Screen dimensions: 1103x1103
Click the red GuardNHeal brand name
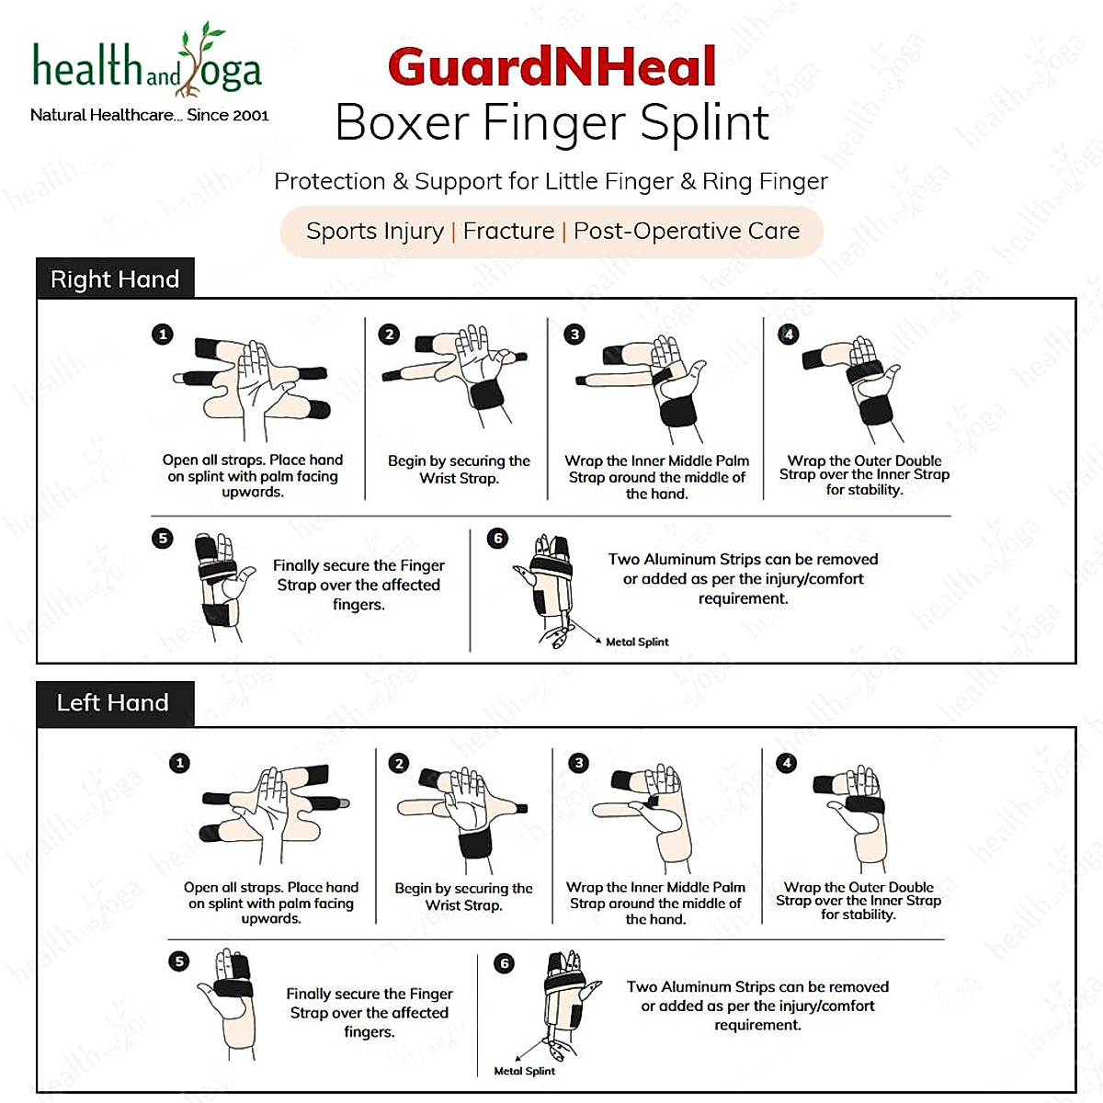pyautogui.click(x=551, y=67)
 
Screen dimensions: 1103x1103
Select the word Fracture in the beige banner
pyautogui.click(x=508, y=231)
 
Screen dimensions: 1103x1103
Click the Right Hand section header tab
pyautogui.click(x=115, y=279)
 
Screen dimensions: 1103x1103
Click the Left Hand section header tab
pyautogui.click(x=113, y=703)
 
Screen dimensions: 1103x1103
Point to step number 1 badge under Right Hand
pyautogui.click(x=163, y=334)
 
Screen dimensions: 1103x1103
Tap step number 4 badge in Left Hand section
pyautogui.click(x=787, y=763)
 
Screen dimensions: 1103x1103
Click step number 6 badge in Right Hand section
pyautogui.click(x=497, y=538)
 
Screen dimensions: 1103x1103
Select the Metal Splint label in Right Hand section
pyautogui.click(x=637, y=642)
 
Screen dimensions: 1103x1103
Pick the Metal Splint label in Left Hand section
pyautogui.click(x=524, y=1071)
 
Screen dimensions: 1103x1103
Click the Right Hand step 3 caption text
pyautogui.click(x=656, y=477)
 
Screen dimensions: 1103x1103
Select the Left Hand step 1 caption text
pyautogui.click(x=271, y=903)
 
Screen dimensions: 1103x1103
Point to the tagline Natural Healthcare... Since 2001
pyautogui.click(x=150, y=115)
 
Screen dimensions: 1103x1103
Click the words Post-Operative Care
pyautogui.click(x=687, y=231)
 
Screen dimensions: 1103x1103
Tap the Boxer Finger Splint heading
pyautogui.click(x=551, y=122)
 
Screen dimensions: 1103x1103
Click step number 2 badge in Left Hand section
pyautogui.click(x=398, y=763)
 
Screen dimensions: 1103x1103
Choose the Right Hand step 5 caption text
pyautogui.click(x=358, y=585)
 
